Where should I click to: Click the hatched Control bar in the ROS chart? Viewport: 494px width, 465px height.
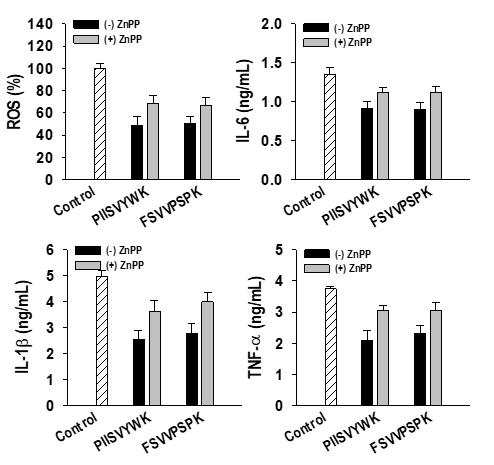coord(100,124)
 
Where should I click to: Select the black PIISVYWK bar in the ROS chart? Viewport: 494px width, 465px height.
coord(137,152)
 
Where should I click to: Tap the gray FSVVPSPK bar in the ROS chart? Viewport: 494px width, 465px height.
coord(206,142)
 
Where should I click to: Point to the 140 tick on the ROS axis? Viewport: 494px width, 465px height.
coord(63,24)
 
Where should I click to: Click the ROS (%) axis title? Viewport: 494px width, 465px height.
coord(14,102)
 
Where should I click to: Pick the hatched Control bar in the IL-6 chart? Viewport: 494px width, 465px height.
coord(330,127)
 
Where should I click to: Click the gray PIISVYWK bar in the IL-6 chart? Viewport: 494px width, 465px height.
coord(383,136)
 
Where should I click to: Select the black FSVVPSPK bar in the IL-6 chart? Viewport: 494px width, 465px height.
coord(420,144)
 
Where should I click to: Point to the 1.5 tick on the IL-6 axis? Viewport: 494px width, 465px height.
coord(293,63)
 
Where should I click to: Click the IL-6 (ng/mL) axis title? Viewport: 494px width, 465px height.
coord(243,101)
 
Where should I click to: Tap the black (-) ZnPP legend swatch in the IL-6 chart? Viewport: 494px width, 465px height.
coord(316,28)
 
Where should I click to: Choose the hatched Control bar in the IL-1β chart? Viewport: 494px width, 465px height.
coord(102,341)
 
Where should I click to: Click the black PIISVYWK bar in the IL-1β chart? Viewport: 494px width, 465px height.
coord(139,372)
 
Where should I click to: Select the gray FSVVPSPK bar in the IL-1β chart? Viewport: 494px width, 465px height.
coord(208,353)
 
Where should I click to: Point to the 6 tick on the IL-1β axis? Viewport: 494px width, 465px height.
coord(63,250)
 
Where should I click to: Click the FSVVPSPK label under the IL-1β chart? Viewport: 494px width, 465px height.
coord(173,433)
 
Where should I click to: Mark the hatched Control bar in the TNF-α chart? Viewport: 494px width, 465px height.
coord(331,347)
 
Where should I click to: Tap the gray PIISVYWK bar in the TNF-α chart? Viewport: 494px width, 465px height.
coord(383,358)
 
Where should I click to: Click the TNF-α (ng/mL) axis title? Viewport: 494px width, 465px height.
coord(256,328)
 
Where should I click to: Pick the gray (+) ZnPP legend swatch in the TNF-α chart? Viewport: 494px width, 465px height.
coord(317,268)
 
